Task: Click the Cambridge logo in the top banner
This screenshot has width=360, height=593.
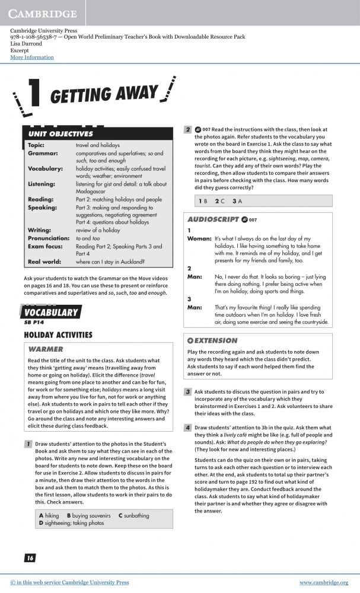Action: point(43,14)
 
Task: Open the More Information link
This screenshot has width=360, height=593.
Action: point(32,58)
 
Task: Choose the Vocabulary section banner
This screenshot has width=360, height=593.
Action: point(52,313)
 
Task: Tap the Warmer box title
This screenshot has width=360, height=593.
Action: point(46,349)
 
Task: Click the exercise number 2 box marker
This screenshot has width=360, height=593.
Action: point(187,129)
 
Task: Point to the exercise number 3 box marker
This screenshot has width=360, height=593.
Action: point(187,392)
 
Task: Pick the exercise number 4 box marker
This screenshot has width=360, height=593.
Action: point(187,428)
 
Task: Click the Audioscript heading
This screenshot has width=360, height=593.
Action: point(213,219)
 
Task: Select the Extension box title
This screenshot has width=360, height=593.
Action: point(212,341)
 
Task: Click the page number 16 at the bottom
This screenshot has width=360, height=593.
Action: point(30,557)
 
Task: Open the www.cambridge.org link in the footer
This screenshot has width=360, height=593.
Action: point(323,583)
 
